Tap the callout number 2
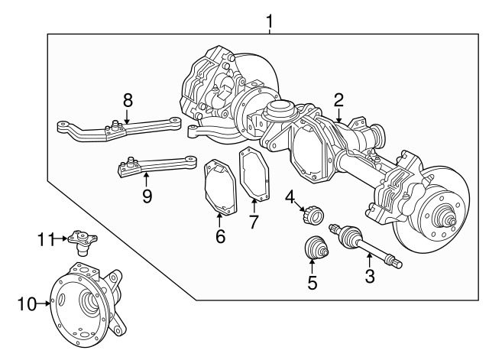(338, 99)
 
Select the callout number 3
(370, 275)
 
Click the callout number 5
(312, 283)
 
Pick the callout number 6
(220, 236)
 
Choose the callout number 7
(254, 222)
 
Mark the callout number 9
(147, 196)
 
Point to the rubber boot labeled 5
(313, 250)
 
